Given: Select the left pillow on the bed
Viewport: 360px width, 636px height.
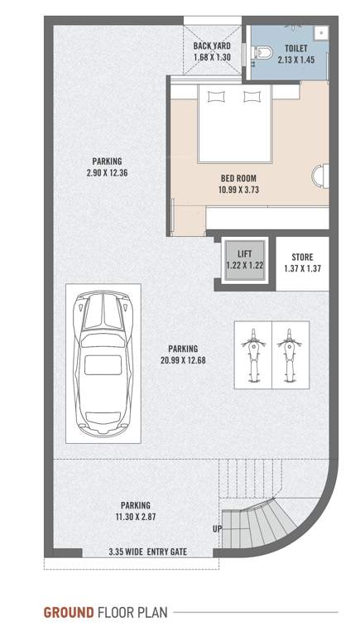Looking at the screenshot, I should (x=216, y=97).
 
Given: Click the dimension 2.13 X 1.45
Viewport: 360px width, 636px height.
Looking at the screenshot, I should (x=295, y=60).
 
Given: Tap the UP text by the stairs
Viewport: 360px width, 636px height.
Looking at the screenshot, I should (x=218, y=528).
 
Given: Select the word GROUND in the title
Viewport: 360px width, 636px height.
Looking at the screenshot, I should (x=69, y=613).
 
